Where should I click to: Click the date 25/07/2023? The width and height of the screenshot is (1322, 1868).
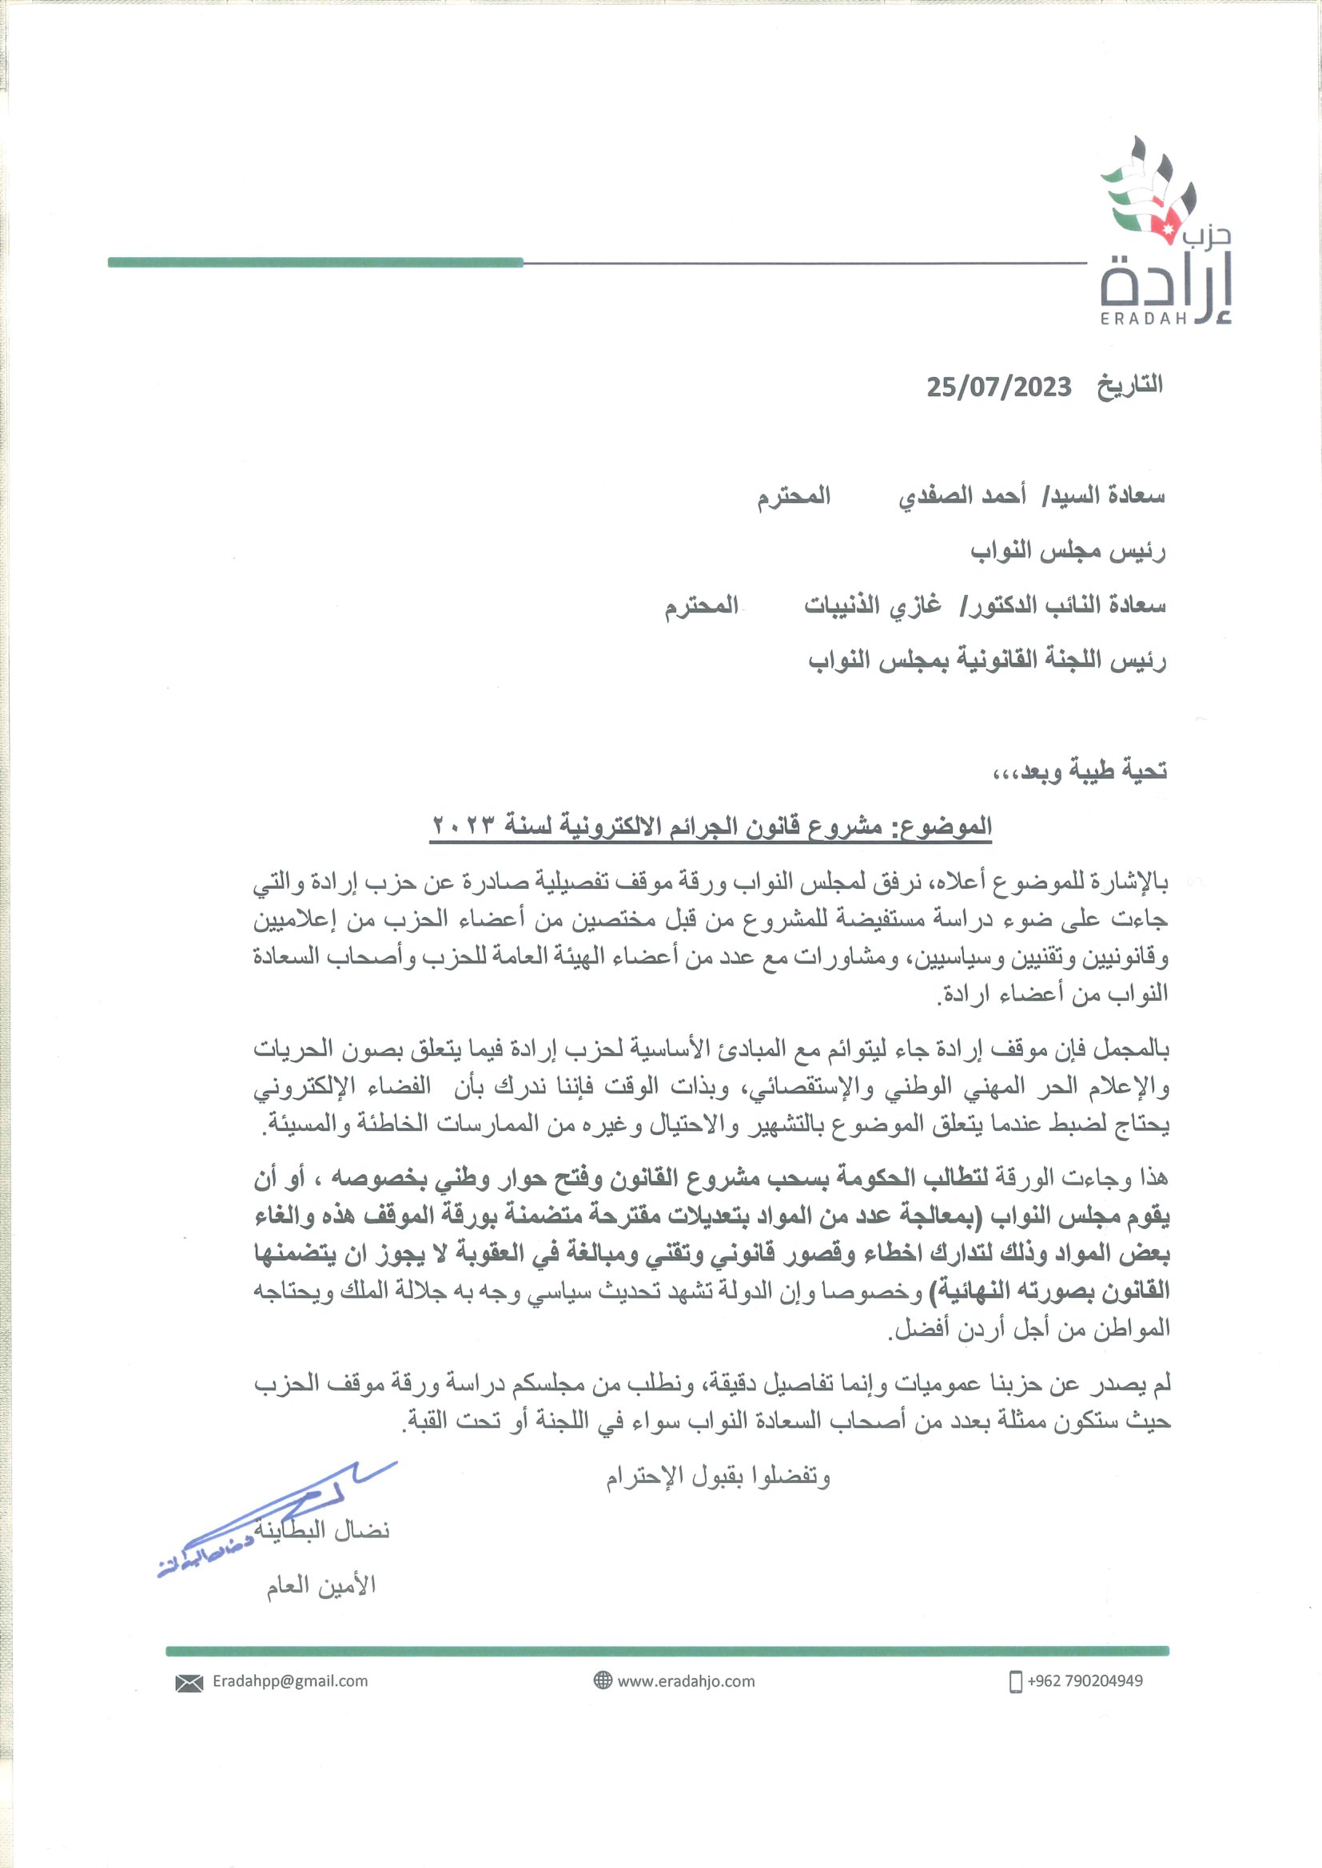point(999,387)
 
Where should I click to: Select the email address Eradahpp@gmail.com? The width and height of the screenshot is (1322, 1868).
point(290,1681)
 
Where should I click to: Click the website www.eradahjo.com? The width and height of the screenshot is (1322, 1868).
point(687,1681)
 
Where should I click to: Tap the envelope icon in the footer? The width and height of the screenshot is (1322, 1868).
point(189,1682)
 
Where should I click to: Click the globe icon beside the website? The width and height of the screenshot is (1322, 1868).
point(603,1681)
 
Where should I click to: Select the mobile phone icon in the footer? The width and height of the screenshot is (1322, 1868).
point(1015,1681)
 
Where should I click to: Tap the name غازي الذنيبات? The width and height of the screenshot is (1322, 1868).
point(873,606)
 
